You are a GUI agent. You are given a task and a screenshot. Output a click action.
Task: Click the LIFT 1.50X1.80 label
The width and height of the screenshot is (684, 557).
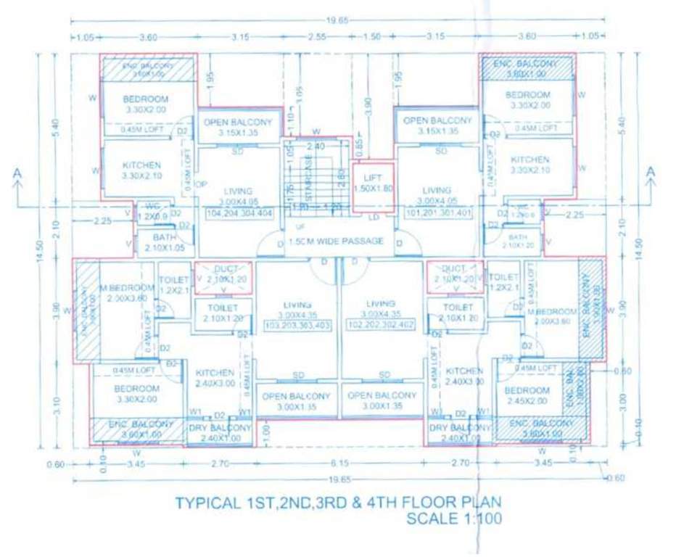point(373,183)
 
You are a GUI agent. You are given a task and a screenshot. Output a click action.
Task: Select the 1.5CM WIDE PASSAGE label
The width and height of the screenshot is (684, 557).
point(335,241)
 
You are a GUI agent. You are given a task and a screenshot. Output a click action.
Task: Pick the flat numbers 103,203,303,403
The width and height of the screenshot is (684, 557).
point(297,326)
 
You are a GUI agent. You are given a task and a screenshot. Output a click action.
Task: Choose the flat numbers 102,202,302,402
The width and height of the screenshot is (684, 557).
point(381,326)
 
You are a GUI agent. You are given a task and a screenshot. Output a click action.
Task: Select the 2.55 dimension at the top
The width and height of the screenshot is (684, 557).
point(316,36)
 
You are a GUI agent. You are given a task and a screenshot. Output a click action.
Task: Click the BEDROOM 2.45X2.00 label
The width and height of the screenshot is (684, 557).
point(528,395)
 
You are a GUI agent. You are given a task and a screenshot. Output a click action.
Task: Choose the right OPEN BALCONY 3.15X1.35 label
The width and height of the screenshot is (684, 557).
point(437,125)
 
